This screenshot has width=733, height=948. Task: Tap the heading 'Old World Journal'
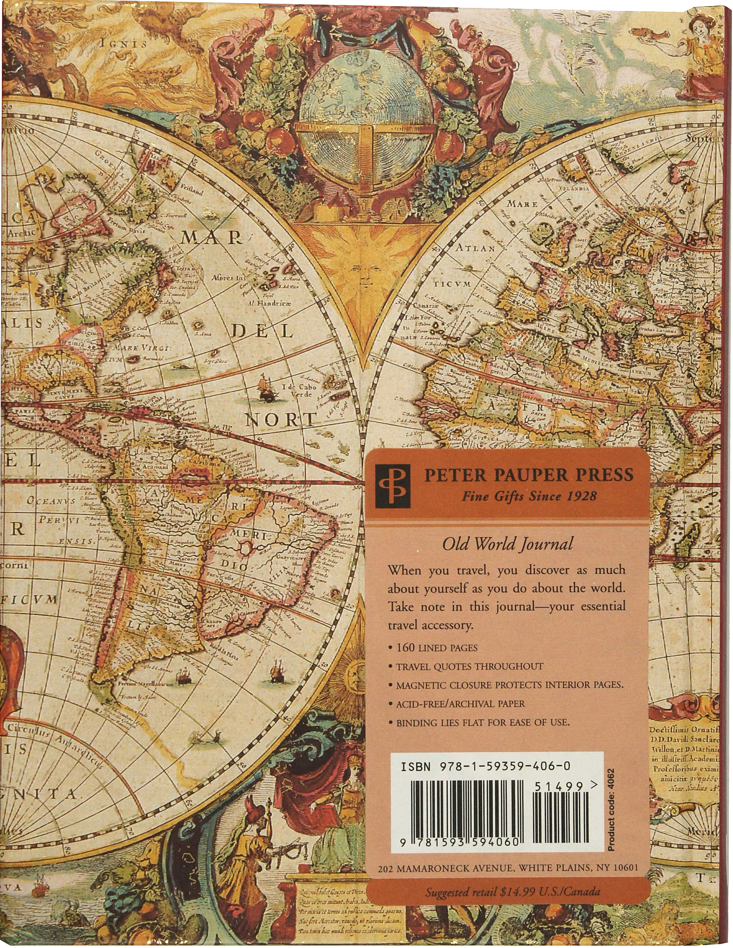(507, 543)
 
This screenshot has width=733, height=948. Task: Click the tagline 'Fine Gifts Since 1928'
(529, 496)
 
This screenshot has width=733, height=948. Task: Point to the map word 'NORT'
(280, 420)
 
